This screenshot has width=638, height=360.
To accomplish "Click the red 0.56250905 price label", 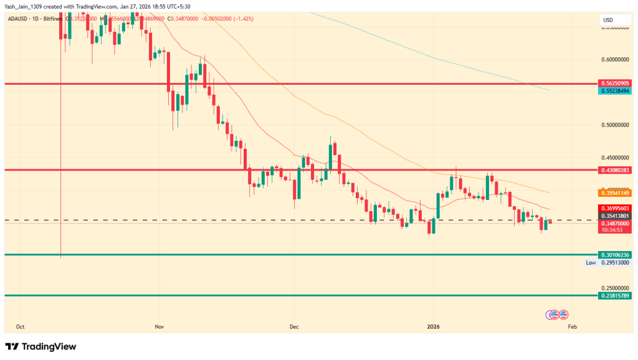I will (616, 83).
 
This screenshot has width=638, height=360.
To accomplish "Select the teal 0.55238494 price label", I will (616, 91).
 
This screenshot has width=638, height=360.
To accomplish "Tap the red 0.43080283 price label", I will (616, 170).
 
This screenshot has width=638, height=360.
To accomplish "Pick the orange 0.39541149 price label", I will (616, 193).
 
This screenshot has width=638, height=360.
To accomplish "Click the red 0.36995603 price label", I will (616, 208).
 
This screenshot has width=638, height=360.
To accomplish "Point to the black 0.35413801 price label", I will (616, 216).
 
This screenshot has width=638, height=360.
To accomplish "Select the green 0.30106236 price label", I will (616, 255).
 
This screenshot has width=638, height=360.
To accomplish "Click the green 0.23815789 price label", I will (616, 295).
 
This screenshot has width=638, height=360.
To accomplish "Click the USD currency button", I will (607, 21).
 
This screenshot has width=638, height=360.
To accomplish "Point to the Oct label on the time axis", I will (21, 326).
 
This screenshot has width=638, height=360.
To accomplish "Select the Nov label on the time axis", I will (159, 326).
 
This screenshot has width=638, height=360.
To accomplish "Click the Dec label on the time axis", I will (295, 326).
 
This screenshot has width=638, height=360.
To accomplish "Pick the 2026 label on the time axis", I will (434, 326).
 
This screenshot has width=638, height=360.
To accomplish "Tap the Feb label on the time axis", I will (573, 326).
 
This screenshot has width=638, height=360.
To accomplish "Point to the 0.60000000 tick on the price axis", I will (616, 60).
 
